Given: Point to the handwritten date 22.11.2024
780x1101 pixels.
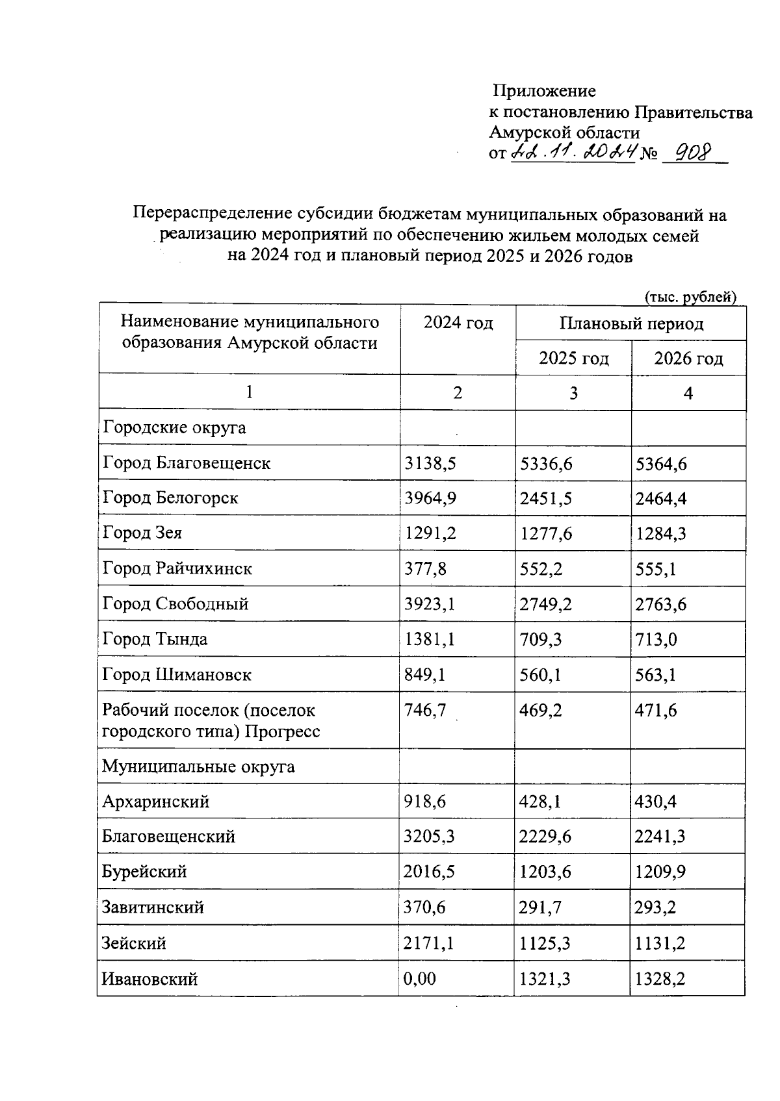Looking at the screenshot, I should [x=572, y=153].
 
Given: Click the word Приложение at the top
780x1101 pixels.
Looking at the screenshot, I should [x=544, y=91].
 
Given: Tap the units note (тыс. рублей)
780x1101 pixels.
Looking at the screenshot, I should [x=690, y=297].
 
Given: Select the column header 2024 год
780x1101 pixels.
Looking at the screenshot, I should [x=458, y=323].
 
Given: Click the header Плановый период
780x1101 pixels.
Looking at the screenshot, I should [x=631, y=323].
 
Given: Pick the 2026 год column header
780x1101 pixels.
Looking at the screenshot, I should [x=688, y=359].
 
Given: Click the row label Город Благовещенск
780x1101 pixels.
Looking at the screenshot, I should [x=187, y=463].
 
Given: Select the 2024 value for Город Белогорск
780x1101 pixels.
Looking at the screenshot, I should [x=430, y=498].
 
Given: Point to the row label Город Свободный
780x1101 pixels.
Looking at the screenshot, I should [x=175, y=604].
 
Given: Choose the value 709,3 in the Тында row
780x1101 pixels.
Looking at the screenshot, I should [x=541, y=640].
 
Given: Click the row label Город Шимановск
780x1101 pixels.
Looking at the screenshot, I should [x=177, y=675].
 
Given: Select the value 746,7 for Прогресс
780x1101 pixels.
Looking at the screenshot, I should [x=425, y=711].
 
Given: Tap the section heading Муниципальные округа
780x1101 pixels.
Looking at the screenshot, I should [x=198, y=766].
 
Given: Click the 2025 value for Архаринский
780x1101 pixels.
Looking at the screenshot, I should [x=540, y=802].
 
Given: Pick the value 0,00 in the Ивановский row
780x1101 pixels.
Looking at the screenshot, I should [x=420, y=979].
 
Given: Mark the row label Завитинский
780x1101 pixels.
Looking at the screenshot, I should [x=153, y=907].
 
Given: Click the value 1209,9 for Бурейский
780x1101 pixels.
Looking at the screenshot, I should [x=660, y=872].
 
